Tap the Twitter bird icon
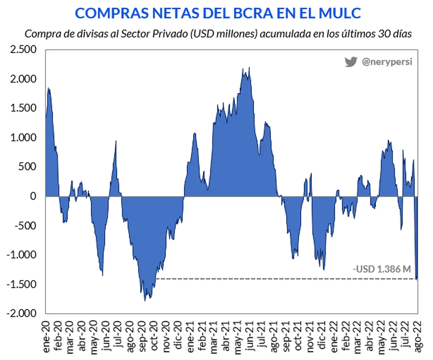tap(350, 62)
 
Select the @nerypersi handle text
tap(387, 62)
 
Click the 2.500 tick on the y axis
tap(24, 49)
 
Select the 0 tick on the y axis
tap(33, 196)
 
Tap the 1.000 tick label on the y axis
tap(24, 138)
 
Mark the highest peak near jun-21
tap(249, 68)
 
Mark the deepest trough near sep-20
tap(145, 300)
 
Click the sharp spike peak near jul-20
tap(116, 141)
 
